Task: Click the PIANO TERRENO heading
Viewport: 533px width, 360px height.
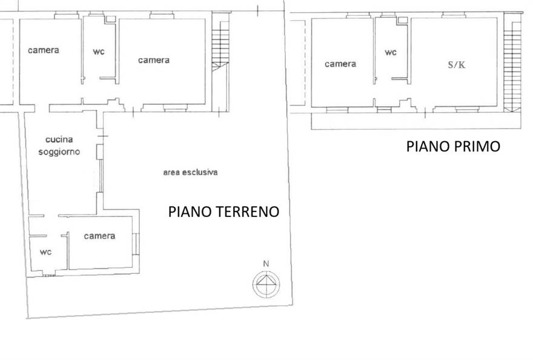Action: tap(223, 212)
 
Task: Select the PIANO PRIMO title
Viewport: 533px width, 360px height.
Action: tap(453, 146)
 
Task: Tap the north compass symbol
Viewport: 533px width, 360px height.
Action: tap(266, 284)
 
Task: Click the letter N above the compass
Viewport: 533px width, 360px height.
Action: tap(266, 264)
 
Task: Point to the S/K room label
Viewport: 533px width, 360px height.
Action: tap(457, 65)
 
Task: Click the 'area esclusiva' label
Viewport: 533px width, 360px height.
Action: tap(190, 172)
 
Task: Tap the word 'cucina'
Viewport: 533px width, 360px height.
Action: tap(59, 139)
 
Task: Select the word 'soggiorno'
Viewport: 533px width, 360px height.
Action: tap(59, 152)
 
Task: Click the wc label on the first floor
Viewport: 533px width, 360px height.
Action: tap(391, 52)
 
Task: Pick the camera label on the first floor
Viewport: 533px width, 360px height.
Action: tap(340, 64)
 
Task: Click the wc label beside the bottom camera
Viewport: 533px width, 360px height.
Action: tap(45, 252)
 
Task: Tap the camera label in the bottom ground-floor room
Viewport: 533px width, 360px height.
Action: tap(99, 236)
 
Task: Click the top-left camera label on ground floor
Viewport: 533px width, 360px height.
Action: tap(44, 50)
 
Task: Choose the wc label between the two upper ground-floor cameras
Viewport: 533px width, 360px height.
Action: tap(99, 52)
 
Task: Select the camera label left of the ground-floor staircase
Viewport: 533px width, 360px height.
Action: tap(154, 60)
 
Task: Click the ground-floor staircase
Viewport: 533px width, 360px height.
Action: tap(220, 61)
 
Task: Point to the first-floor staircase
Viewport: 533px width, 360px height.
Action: tap(512, 61)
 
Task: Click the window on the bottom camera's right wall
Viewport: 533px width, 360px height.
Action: tap(136, 244)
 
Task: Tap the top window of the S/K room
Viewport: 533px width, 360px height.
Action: tap(454, 15)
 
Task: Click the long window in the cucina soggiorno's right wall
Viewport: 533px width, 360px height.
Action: tap(101, 176)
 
